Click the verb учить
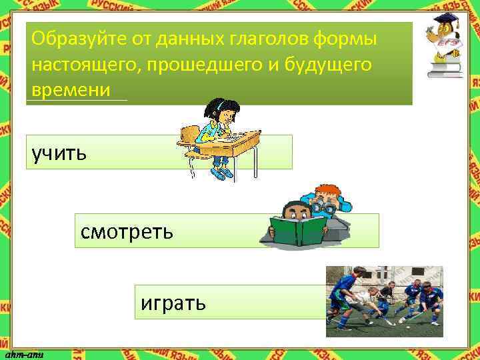click(59, 153)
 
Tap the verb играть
click(173, 303)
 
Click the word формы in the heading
click(352, 40)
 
